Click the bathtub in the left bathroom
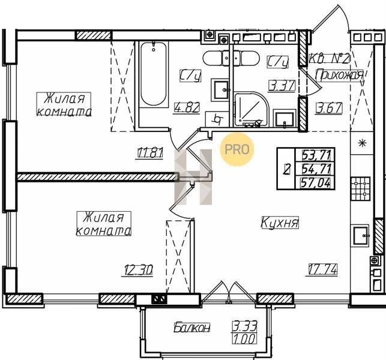click(x=154, y=74)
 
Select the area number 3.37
click(x=282, y=86)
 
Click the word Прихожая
click(x=340, y=75)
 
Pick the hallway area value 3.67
click(x=329, y=108)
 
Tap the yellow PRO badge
click(x=237, y=149)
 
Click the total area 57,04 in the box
click(x=316, y=183)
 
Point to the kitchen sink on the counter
click(x=361, y=235)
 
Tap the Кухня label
click(x=280, y=223)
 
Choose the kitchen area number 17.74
click(x=321, y=269)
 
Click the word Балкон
click(x=192, y=328)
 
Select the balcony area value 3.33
click(x=245, y=326)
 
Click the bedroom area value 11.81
click(x=149, y=153)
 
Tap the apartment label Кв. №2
click(x=329, y=59)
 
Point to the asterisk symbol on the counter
click(x=362, y=143)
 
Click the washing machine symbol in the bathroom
click(x=217, y=119)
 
